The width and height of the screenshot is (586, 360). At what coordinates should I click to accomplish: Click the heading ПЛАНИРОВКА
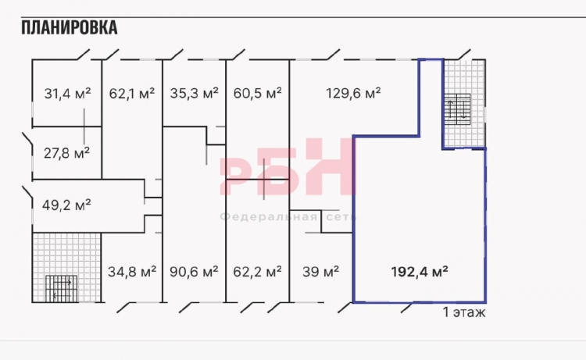[69, 27]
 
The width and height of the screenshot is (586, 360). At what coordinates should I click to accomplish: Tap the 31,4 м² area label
[67, 94]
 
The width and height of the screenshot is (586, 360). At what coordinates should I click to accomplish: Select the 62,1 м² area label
[132, 94]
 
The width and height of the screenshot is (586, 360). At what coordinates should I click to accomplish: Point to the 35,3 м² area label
[194, 94]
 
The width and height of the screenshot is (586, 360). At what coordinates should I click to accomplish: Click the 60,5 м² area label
[258, 94]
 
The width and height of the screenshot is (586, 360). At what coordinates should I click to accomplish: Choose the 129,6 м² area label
[353, 93]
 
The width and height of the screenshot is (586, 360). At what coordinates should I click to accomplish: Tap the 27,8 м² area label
[66, 153]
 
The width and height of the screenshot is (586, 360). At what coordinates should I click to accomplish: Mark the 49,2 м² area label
[66, 205]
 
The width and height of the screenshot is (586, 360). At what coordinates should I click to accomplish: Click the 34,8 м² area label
[132, 272]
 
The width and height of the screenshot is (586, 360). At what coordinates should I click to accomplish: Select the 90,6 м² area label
[194, 272]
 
